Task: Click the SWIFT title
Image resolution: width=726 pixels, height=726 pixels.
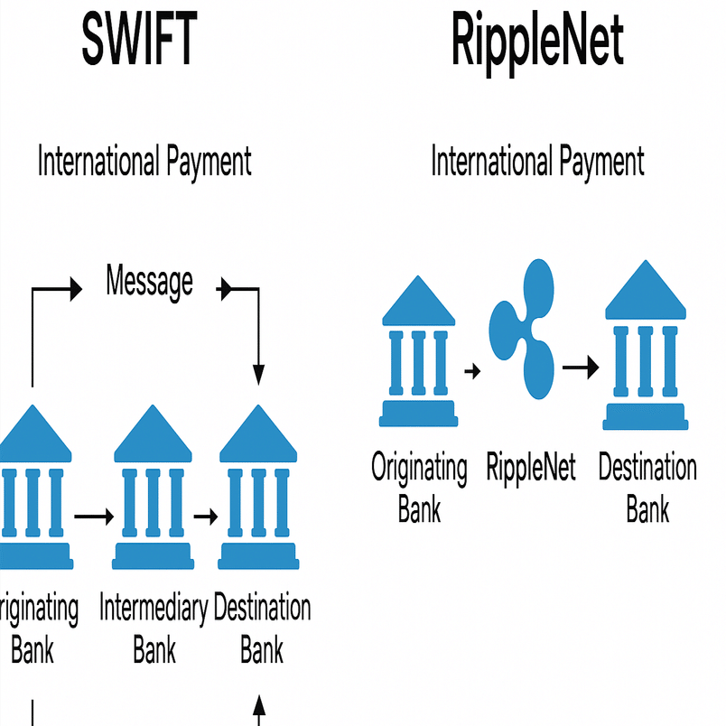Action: click(138, 42)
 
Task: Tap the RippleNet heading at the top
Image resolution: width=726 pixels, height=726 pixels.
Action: click(537, 42)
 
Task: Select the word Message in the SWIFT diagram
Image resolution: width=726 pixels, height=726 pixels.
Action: click(149, 281)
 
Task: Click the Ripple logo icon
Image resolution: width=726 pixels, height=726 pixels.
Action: click(521, 328)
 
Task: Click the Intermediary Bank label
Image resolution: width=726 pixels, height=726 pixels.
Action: click(154, 628)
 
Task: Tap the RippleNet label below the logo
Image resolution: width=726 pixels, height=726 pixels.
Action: click(530, 469)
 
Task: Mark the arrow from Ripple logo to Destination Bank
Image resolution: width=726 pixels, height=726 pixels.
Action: click(580, 368)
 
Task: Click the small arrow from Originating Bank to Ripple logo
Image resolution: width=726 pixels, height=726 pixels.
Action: click(470, 369)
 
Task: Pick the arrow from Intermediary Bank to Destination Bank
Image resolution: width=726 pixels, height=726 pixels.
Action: click(207, 517)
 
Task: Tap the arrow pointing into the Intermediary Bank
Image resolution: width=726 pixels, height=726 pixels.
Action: click(94, 517)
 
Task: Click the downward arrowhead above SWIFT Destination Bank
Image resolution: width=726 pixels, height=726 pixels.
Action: click(259, 371)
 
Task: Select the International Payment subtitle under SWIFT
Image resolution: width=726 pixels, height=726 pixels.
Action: click(144, 163)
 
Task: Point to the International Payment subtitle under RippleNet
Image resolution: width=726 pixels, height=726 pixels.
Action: click(537, 163)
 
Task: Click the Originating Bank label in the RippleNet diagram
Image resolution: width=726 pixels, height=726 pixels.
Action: click(419, 489)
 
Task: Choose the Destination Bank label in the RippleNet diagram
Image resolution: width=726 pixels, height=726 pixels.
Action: click(647, 489)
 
